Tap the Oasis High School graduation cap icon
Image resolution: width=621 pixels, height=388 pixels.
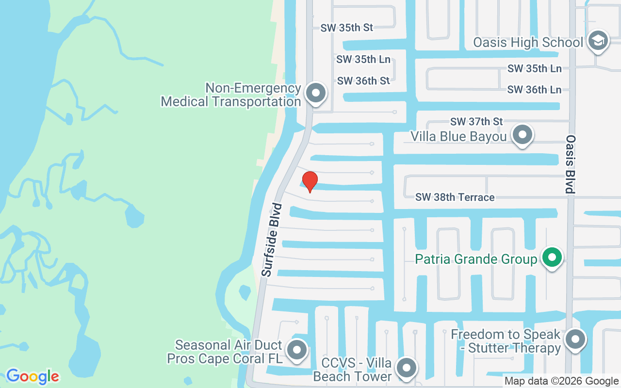(x=598, y=42)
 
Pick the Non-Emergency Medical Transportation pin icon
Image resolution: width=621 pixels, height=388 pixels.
(x=316, y=93)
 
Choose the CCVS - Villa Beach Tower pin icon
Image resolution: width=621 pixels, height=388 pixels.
(x=407, y=368)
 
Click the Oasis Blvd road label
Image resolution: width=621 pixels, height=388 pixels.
(x=571, y=164)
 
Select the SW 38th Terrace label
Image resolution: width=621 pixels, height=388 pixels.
(x=455, y=197)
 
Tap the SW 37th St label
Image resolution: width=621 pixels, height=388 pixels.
(x=476, y=121)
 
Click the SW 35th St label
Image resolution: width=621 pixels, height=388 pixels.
(x=346, y=28)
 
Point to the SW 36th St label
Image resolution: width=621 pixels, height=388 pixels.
(x=363, y=81)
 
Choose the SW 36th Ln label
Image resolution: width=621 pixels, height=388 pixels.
(x=534, y=90)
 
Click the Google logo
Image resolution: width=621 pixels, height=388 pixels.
(x=33, y=376)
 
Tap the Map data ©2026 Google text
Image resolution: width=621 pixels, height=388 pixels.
(x=561, y=381)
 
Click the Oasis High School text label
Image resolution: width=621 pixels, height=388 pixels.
(x=528, y=43)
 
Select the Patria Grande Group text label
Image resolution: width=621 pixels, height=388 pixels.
(x=476, y=259)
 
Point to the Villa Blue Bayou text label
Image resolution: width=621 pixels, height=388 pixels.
(x=458, y=136)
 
